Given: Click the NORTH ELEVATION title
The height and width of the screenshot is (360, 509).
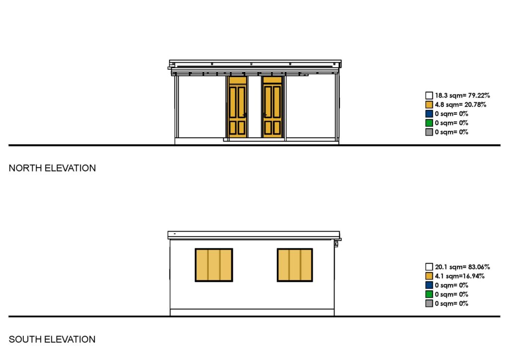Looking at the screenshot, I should click(52, 168).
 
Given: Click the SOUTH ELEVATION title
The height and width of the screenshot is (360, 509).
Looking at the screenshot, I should click(52, 340).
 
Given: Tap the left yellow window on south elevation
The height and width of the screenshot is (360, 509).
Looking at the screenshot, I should click(214, 265).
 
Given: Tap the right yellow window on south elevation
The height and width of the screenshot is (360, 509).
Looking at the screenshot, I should click(295, 265).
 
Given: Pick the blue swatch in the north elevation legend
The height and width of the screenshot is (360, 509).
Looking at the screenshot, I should click(429, 114).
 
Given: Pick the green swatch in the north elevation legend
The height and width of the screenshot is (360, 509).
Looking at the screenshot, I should click(429, 123).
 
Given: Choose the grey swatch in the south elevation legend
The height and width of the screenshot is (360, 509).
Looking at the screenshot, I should click(429, 303).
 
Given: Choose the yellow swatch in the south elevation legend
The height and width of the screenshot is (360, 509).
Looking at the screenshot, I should click(429, 276).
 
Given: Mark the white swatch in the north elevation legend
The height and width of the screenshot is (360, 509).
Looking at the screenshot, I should click(429, 95).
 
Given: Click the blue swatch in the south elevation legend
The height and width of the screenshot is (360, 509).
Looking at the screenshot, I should click(429, 285).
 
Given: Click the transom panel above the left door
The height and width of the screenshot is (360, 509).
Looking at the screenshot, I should click(238, 80).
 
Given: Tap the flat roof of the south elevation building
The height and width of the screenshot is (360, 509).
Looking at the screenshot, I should click(254, 235).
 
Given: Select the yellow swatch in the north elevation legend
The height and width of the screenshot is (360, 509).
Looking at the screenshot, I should click(429, 104).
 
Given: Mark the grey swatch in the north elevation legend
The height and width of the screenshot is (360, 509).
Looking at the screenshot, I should click(429, 132).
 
